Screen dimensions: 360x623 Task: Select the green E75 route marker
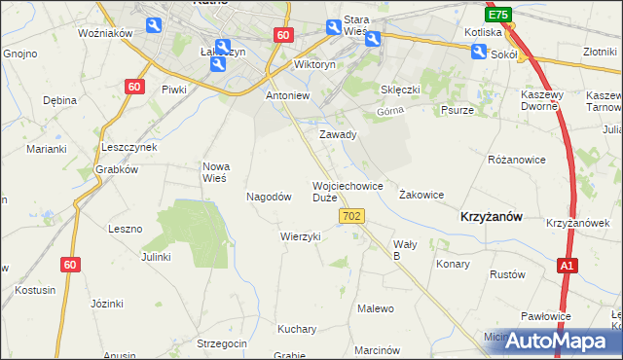(498, 16)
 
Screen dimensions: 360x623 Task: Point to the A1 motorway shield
(568, 265)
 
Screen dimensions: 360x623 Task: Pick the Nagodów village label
(270, 196)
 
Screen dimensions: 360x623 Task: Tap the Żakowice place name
(421, 195)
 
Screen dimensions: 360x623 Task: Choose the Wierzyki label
(300, 236)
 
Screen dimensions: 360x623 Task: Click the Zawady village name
(339, 134)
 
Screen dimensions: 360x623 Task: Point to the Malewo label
(376, 308)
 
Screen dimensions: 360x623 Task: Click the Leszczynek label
(129, 146)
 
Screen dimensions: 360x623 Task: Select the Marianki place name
(46, 149)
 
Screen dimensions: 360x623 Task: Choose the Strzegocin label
(222, 343)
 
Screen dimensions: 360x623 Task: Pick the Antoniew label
(287, 96)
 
